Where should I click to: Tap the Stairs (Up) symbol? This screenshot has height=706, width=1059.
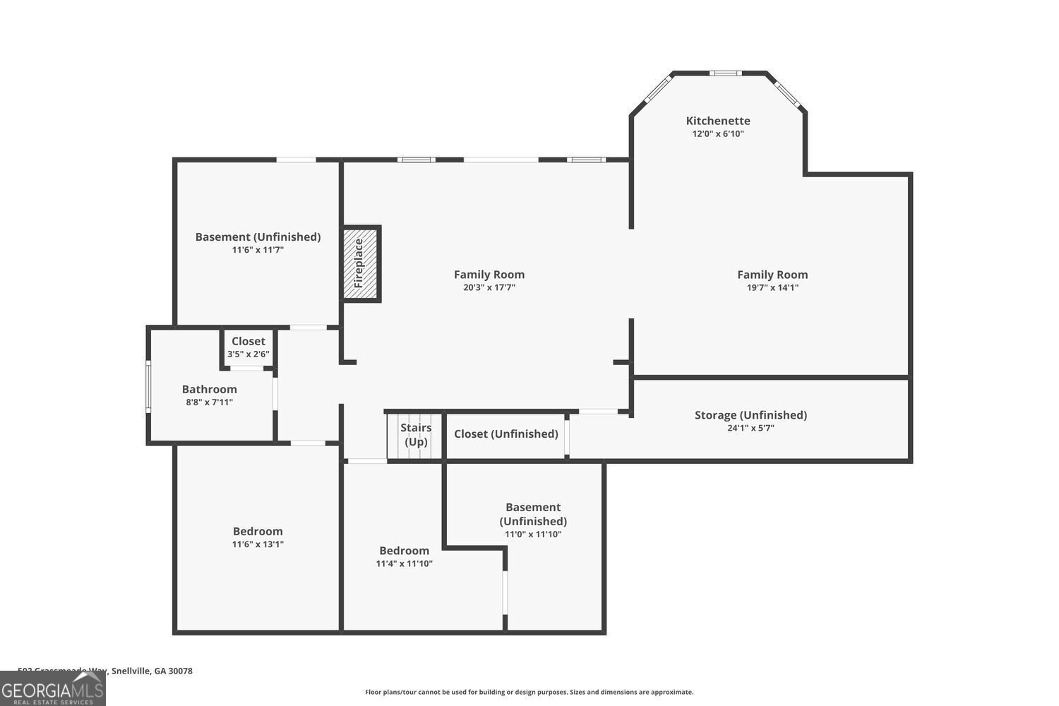(414, 435)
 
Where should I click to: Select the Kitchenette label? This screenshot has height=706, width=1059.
(717, 121)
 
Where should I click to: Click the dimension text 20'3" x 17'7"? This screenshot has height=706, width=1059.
(489, 287)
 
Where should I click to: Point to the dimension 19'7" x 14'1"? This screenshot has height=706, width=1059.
(772, 287)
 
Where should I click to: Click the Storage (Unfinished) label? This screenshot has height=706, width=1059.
(750, 415)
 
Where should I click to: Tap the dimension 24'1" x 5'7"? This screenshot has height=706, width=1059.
(750, 428)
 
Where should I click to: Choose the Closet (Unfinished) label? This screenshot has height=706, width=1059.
(505, 433)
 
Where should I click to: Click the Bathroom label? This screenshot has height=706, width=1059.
(209, 389)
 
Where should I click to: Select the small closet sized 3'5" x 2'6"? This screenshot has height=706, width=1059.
(248, 348)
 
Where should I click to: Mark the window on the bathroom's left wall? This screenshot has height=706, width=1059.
(148, 386)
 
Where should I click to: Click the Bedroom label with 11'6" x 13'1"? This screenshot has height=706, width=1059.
(258, 532)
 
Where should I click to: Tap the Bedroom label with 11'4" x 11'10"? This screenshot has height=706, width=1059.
(404, 551)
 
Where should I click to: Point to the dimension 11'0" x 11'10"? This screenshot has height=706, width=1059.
(533, 534)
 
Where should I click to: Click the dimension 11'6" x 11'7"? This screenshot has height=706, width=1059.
(258, 250)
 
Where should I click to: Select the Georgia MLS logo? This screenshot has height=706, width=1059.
(52, 688)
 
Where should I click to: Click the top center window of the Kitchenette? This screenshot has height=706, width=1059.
(725, 73)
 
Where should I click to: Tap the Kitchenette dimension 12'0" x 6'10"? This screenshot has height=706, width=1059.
(717, 133)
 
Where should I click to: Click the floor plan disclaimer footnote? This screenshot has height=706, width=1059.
(529, 692)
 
